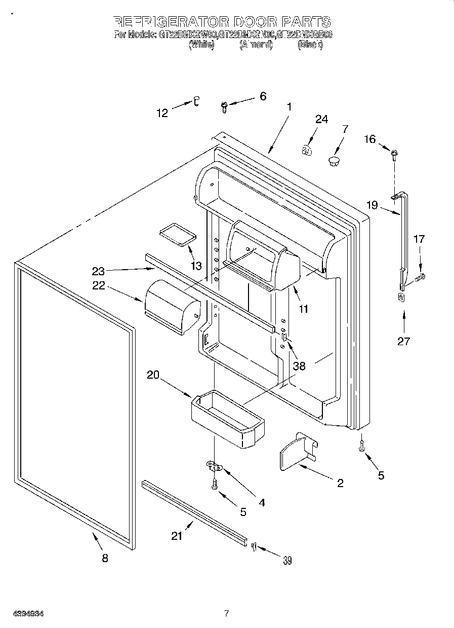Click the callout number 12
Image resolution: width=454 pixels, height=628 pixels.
click(162, 114)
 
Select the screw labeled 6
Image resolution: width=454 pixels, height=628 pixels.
click(224, 106)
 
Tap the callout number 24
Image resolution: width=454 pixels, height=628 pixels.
click(321, 120)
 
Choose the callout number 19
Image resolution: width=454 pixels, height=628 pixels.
click(372, 205)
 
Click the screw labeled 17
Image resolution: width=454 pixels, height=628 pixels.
click(420, 277)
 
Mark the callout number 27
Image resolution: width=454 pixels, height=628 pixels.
click(403, 341)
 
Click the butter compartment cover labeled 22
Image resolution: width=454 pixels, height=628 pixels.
click(172, 307)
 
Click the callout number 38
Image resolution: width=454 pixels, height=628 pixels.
click(299, 365)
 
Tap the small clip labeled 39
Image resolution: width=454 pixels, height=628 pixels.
click(254, 545)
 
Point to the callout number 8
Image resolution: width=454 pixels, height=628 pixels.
click(105, 559)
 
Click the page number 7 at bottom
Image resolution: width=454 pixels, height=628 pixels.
click(227, 614)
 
